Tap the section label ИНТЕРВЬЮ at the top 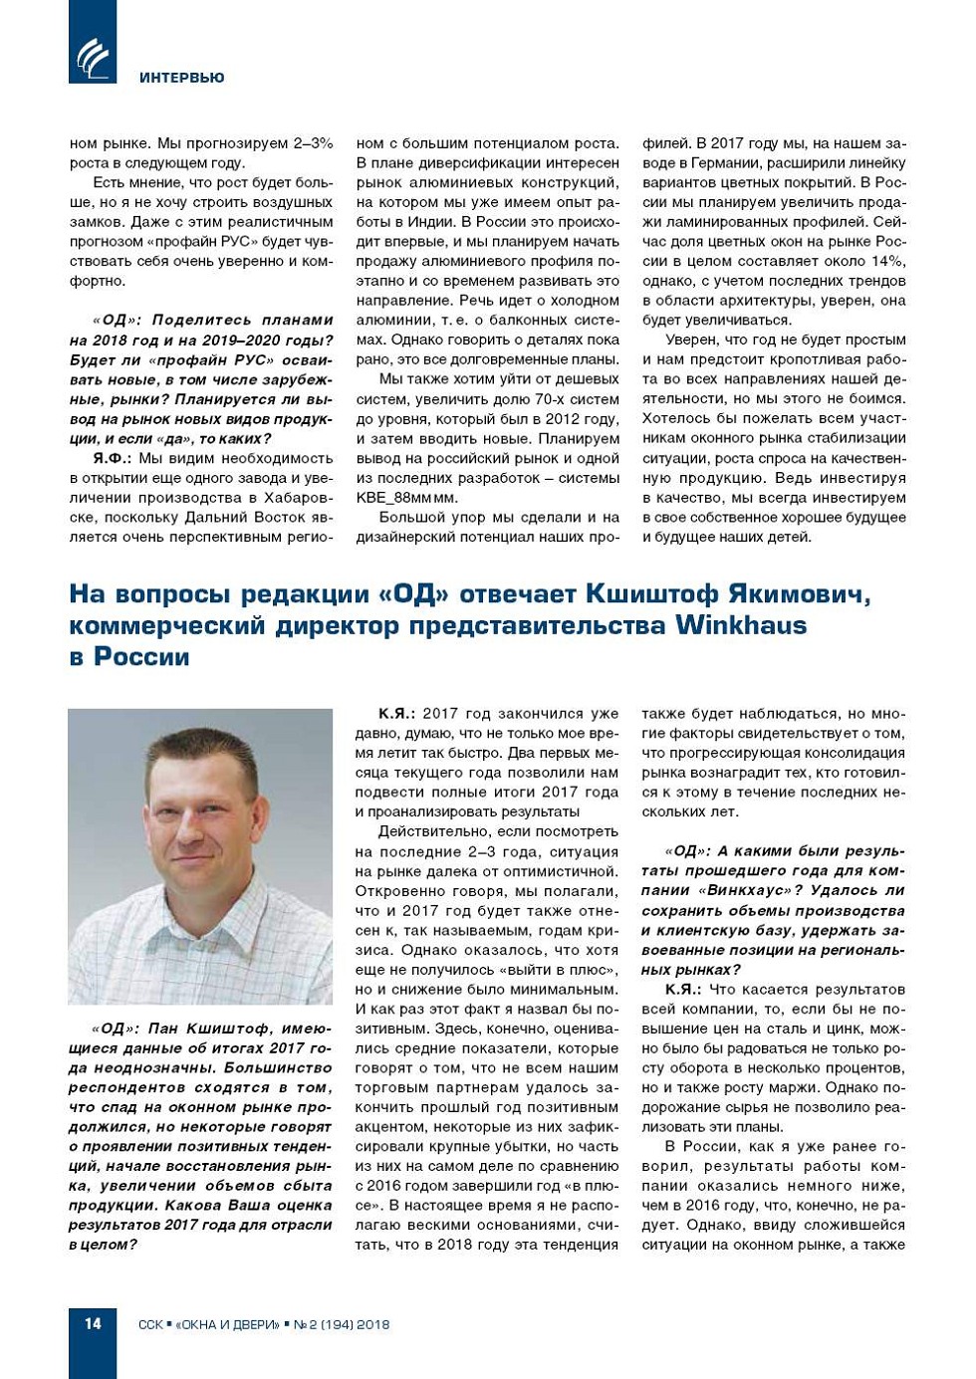182,78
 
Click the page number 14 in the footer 93,1323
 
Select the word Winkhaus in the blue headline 742,625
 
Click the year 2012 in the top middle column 567,419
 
